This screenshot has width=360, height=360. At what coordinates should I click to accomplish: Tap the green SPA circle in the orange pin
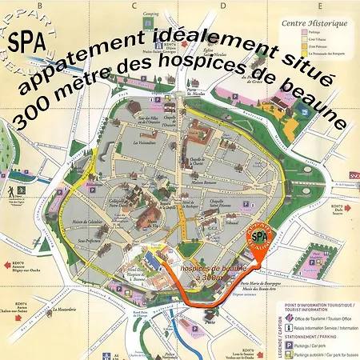tap(257, 236)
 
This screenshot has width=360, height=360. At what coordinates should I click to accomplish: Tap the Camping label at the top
tap(150, 14)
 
